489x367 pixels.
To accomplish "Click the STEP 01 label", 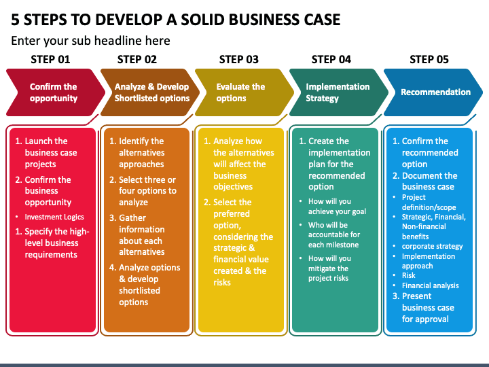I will point(50,59).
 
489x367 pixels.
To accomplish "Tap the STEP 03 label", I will point(239,59).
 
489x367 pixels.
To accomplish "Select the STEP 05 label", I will point(429,59).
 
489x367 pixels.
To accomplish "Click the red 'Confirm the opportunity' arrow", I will point(53,92).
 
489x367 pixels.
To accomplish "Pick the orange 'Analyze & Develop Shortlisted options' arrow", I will point(151,92).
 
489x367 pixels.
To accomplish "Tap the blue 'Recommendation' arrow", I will point(435,92).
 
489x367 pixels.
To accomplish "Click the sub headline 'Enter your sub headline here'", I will point(90,41).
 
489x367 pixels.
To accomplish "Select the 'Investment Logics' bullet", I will point(54,217).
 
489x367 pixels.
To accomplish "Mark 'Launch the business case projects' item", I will point(50,153).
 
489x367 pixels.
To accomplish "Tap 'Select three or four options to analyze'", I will point(147,191).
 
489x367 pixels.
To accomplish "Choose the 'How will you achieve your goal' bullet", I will point(337,207).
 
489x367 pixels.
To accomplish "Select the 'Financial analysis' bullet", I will point(430,285).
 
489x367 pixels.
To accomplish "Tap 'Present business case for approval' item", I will point(427,307).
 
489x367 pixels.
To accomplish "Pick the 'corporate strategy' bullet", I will point(432,246).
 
